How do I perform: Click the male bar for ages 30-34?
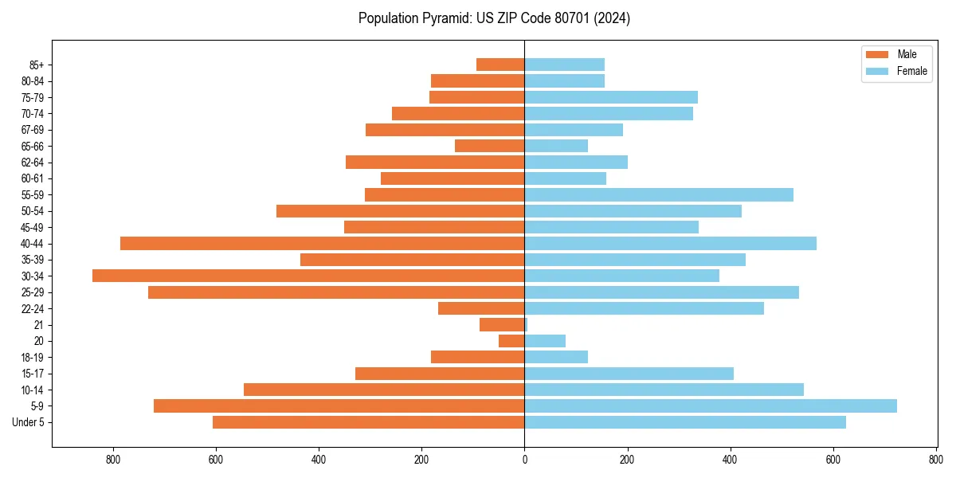click(308, 276)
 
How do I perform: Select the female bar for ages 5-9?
click(711, 406)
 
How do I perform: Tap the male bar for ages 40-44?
click(322, 243)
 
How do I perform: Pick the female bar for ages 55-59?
click(659, 194)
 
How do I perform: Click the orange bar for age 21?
click(502, 324)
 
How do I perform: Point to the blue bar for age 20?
click(545, 341)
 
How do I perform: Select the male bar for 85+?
click(500, 65)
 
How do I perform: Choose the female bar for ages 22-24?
click(644, 308)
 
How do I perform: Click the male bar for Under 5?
click(368, 422)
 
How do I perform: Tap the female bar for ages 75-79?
click(611, 97)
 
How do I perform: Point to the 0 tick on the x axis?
click(524, 460)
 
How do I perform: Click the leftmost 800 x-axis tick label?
click(112, 460)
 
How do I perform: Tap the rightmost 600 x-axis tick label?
click(833, 460)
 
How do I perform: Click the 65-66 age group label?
click(33, 146)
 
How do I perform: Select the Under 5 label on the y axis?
click(29, 422)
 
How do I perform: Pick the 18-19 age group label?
click(33, 357)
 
